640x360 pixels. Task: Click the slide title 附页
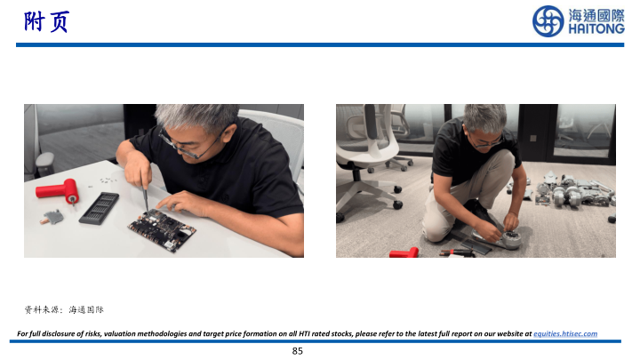(46, 21)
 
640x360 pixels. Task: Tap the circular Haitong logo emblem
(548, 20)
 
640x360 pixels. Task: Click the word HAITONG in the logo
(596, 28)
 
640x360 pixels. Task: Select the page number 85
(298, 351)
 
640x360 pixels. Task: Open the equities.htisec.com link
(565, 333)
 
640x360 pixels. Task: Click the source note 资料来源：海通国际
(64, 310)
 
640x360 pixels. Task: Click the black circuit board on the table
(162, 229)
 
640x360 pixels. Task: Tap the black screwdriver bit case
(100, 208)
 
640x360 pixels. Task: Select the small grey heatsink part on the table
(52, 217)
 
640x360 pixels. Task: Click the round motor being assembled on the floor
(509, 239)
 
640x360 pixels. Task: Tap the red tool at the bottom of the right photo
(404, 252)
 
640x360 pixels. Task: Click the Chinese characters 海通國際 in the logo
(596, 15)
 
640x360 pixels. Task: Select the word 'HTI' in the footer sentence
(305, 333)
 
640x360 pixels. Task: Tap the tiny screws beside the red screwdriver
(106, 180)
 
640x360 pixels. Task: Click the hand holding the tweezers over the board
(138, 169)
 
